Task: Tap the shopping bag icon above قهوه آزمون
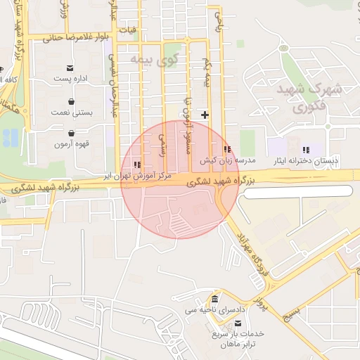point(71,133)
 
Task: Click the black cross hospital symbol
point(205,114)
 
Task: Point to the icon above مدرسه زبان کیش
point(226,150)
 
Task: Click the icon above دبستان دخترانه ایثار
point(306,150)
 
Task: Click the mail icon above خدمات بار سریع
point(237,323)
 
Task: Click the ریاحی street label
point(218,23)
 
